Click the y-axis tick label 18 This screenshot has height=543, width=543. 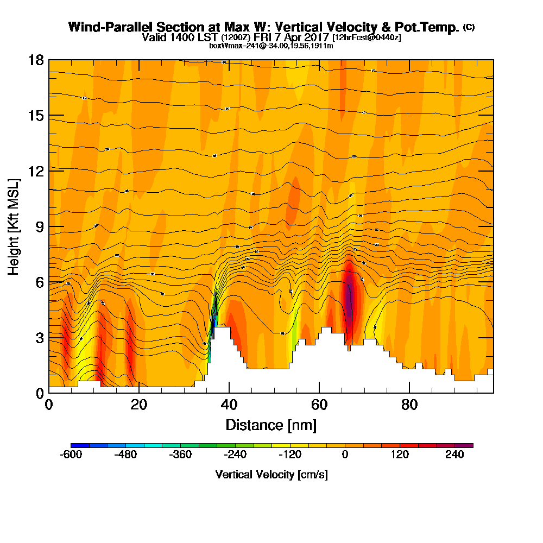click(36, 60)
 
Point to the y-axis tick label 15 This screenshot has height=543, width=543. click(36, 116)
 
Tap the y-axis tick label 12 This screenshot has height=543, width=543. click(36, 171)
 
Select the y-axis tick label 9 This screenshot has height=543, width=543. click(39, 226)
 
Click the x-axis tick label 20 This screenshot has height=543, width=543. click(139, 405)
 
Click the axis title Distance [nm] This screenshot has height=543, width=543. click(271, 425)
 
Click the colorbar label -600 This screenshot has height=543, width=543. click(71, 455)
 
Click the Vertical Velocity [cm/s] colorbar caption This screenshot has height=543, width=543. click(271, 475)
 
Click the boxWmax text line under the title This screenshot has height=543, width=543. click(271, 46)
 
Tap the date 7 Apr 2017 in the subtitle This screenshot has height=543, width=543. click(303, 37)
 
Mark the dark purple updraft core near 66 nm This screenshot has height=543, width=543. click(349, 296)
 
